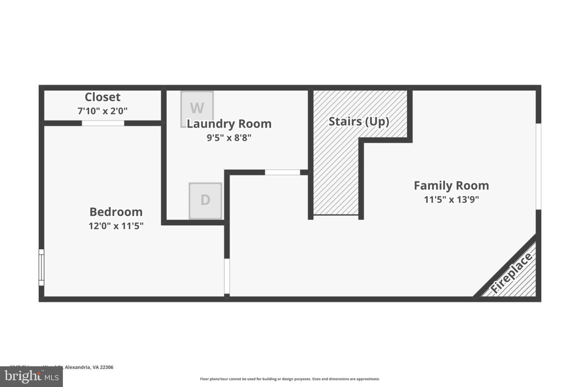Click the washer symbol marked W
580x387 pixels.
pos(197,108)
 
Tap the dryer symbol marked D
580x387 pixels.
pos(205,200)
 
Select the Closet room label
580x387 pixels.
pos(102,97)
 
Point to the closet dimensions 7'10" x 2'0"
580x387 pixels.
pos(102,111)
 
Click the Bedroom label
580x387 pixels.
pos(116,212)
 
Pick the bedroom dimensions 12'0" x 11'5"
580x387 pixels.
pos(116,226)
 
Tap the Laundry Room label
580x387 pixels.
pos(229,124)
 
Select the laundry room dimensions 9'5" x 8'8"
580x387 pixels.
pos(229,138)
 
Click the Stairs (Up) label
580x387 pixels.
pos(359,121)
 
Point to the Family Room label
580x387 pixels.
pos(451,185)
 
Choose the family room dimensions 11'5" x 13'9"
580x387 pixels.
pos(451,200)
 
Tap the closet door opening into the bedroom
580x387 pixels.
pos(103,123)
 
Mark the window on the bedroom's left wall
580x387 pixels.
pos(41,267)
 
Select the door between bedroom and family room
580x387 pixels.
pos(227,276)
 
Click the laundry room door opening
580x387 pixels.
pos(282,173)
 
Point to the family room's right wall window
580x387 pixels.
pos(538,166)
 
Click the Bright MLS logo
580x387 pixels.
pos(31,377)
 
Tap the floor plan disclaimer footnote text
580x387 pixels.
pos(290,379)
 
